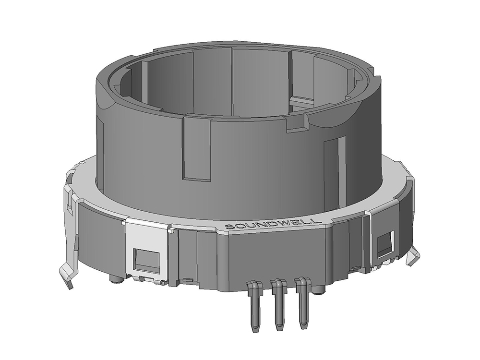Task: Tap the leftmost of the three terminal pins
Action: (x=253, y=307)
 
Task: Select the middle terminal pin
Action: (x=277, y=307)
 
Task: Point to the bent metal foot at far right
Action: (x=412, y=257)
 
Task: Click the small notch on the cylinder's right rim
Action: (x=296, y=124)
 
